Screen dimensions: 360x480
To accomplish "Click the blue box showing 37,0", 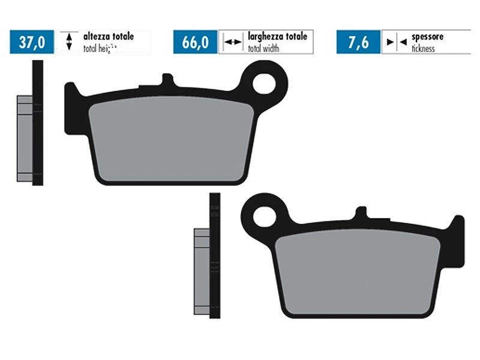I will click(x=31, y=42).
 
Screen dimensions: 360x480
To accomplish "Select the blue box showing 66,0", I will click(x=195, y=42).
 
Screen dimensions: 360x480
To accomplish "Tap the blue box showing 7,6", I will click(x=358, y=42).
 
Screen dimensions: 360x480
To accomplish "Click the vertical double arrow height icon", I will click(x=69, y=41).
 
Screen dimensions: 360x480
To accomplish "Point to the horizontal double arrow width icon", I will click(x=232, y=42).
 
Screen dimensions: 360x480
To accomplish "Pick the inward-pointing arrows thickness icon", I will click(x=396, y=42).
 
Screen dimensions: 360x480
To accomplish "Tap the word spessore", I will click(x=427, y=37).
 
